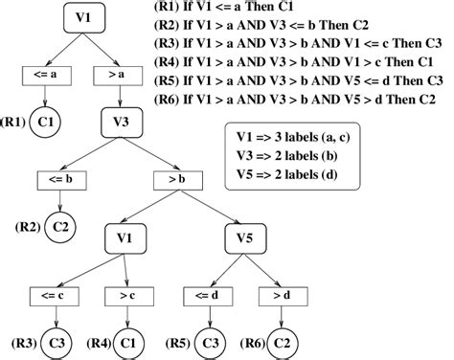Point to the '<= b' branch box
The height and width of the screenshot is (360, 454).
[x=61, y=177]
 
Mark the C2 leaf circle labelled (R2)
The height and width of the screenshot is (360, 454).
[x=61, y=226]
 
